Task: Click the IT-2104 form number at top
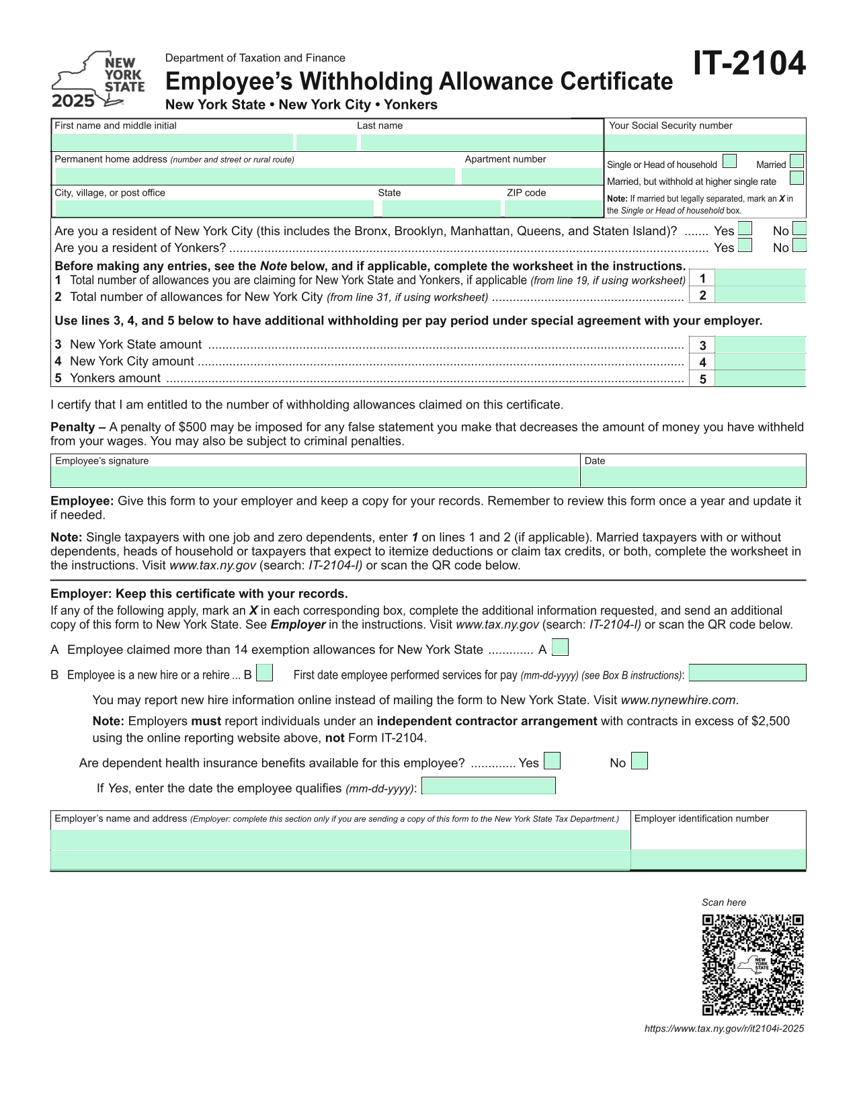tap(749, 64)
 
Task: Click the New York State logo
tap(98, 80)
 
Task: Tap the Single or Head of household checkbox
tap(729, 162)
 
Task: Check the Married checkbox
tap(797, 162)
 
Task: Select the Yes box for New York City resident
tap(745, 229)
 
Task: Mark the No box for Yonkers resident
tap(799, 246)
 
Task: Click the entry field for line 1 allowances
tap(760, 278)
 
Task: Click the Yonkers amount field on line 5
tap(760, 379)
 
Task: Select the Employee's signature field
tap(315, 477)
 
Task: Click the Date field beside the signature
tap(693, 477)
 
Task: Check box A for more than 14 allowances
tap(560, 648)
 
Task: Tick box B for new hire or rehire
tap(265, 673)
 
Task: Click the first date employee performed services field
tap(747, 673)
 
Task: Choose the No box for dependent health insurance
tap(640, 761)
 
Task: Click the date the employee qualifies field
tap(489, 786)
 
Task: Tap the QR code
tap(753, 965)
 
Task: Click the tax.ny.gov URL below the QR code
tap(724, 1029)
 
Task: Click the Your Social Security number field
tap(705, 142)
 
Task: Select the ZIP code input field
tap(553, 208)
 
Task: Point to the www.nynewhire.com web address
tap(679, 700)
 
